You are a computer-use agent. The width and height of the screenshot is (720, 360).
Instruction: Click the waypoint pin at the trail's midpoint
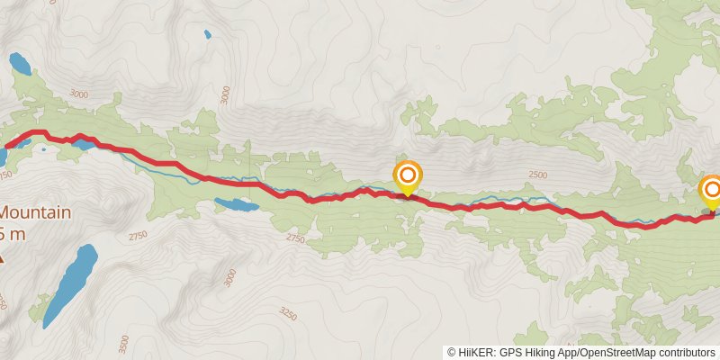408,175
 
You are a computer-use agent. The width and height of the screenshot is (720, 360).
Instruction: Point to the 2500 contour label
537,174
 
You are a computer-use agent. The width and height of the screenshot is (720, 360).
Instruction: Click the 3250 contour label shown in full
288,314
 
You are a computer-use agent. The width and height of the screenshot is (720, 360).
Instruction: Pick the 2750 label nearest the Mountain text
138,236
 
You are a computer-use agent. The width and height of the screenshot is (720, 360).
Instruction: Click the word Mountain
36,213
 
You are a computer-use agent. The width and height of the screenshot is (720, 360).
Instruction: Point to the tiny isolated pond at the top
207,35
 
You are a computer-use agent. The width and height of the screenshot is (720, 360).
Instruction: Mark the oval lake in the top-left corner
20,65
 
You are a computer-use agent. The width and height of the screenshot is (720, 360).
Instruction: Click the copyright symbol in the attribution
452,352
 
